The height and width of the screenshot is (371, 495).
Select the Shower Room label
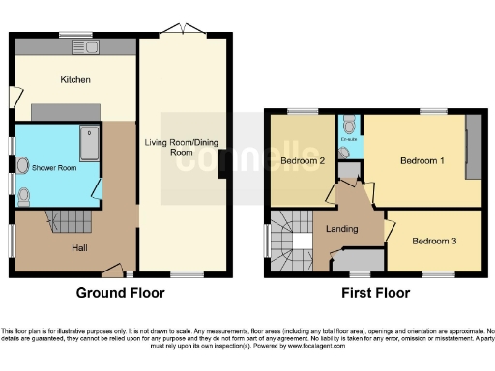[x=54, y=168]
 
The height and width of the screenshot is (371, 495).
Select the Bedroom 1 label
[x=422, y=161]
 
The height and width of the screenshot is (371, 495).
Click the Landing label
[x=343, y=229]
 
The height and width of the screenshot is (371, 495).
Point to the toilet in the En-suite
[x=347, y=126]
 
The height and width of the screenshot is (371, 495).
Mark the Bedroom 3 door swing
[x=391, y=230]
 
